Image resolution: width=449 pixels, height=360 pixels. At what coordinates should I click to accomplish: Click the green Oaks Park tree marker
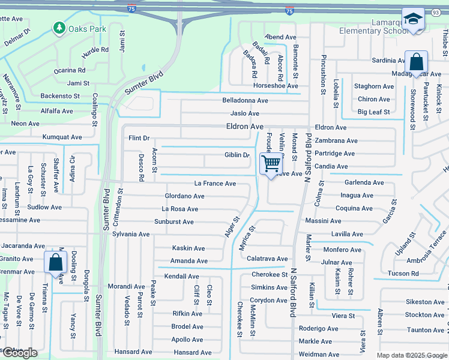[59, 28]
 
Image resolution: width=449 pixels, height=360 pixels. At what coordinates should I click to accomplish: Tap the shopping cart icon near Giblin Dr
[271, 163]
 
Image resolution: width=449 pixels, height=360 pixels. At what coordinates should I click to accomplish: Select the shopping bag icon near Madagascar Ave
[416, 61]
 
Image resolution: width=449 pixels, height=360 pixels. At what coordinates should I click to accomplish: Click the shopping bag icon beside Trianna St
[55, 262]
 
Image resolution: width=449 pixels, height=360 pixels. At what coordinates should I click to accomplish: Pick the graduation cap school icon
[413, 19]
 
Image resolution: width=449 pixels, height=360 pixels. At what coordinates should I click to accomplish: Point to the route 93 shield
[435, 11]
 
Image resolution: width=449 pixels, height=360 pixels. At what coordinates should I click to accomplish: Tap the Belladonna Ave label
[245, 100]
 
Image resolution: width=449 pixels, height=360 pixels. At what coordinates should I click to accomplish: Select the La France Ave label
[215, 184]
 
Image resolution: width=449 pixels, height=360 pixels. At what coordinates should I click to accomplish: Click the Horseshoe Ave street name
[276, 86]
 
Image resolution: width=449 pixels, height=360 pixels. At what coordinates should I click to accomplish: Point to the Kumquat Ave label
[62, 137]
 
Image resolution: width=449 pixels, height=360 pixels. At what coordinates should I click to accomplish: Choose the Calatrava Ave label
[267, 259]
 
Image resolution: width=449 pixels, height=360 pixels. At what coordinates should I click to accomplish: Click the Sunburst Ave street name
[173, 222]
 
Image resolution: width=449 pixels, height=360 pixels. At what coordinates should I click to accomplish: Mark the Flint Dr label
[139, 138]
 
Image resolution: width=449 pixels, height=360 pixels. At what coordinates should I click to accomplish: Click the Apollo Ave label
[187, 340]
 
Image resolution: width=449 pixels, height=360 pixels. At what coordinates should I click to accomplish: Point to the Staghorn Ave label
[374, 86]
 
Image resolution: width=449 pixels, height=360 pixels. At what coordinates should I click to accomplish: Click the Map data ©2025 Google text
[411, 355]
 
